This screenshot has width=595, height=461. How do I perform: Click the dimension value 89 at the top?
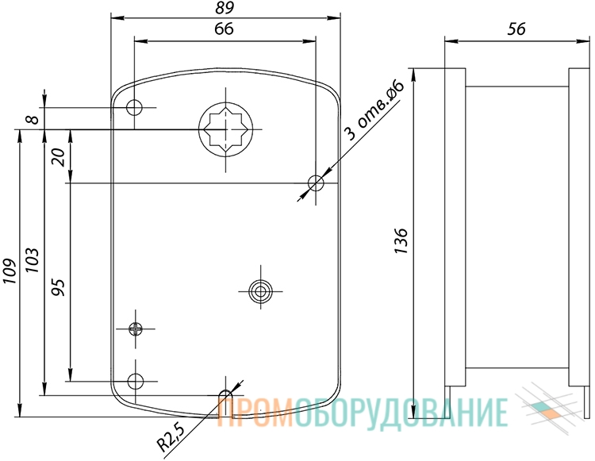[225, 8]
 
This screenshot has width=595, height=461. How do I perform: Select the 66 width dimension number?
[224, 29]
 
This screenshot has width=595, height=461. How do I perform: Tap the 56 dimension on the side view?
[516, 29]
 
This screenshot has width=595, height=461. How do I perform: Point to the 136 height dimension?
[401, 241]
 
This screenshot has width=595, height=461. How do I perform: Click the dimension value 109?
[9, 271]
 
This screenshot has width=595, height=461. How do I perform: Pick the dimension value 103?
[32, 260]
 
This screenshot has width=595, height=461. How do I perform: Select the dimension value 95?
[59, 287]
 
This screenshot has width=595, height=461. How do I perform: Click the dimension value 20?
[59, 157]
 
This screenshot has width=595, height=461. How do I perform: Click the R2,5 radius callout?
[171, 438]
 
